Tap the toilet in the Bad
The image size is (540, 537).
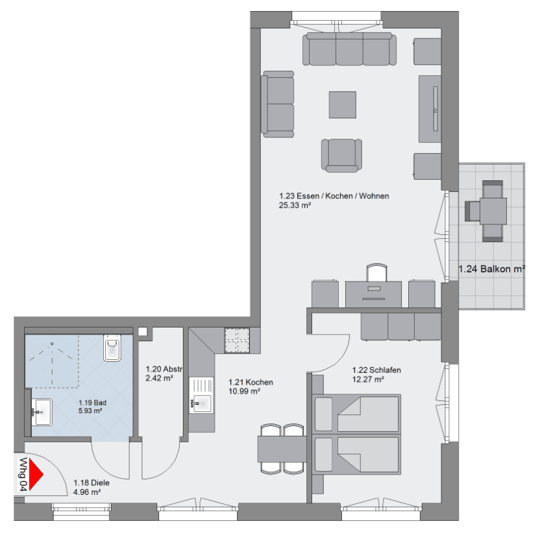[x=112, y=348]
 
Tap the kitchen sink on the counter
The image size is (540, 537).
[x=201, y=402]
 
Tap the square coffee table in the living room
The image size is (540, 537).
[x=342, y=105]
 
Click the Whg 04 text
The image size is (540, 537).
[x=23, y=474]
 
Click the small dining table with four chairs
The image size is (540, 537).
[x=282, y=447]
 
